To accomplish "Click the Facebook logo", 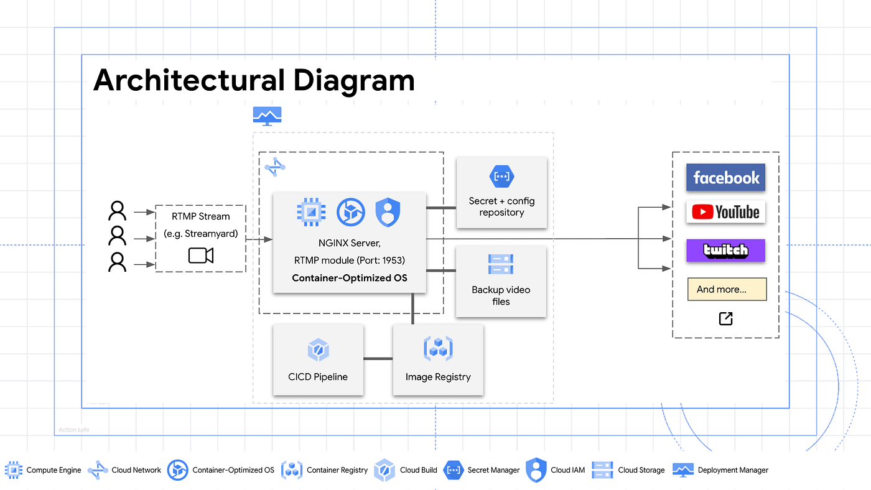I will point(725,178).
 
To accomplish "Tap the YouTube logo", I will point(725,213).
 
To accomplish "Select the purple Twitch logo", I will point(725,251).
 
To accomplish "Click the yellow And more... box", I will point(727,289).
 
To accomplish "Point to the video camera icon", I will point(201,256).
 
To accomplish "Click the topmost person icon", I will point(117,211).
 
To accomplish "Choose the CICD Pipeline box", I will point(318,359).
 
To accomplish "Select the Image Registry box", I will point(438,359).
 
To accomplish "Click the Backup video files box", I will point(501,282).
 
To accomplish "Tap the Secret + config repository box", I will point(501,193).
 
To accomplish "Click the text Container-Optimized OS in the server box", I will point(350,278).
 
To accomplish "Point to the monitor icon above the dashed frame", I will point(268,116).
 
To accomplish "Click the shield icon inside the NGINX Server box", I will point(388,213).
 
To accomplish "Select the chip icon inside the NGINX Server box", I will point(311,213).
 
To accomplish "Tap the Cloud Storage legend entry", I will point(628,470).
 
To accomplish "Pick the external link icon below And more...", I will point(725,319).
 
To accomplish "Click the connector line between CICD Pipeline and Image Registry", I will point(378,359).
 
